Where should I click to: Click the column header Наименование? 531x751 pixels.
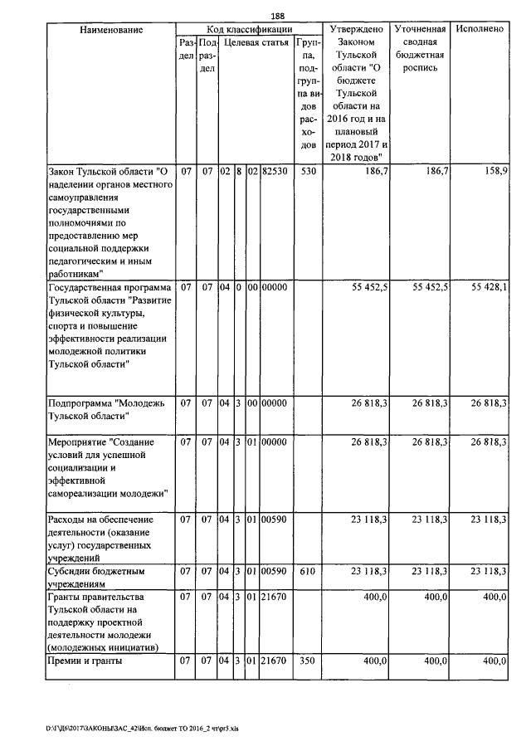(x=110, y=29)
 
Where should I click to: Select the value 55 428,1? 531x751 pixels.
(x=489, y=286)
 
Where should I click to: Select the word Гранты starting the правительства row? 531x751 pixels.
(x=65, y=597)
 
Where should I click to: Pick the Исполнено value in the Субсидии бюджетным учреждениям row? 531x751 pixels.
(x=489, y=571)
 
